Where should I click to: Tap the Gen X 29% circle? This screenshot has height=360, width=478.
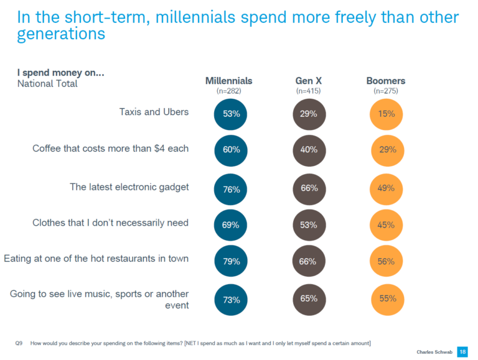coord(309,114)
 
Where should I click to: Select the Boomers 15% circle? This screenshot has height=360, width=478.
coord(386,114)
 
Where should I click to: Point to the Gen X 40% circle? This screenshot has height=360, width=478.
coord(309,150)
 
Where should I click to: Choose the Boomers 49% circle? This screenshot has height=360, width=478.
coord(386,189)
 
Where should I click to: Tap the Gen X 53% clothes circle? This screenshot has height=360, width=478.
coord(309,224)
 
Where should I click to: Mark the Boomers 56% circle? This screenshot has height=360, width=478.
coord(386,261)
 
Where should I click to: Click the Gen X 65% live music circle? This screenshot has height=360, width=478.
coord(309,298)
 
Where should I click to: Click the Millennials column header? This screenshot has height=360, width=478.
coord(229,81)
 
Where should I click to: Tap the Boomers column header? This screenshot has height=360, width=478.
coord(385,81)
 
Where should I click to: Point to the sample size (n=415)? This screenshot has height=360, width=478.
coord(308,91)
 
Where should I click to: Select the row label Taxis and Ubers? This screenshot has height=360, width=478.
coord(154,112)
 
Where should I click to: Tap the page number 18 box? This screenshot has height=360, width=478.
coord(462,351)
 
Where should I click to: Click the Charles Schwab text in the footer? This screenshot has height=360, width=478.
coord(434,352)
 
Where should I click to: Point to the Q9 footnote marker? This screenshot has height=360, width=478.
coord(19,343)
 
